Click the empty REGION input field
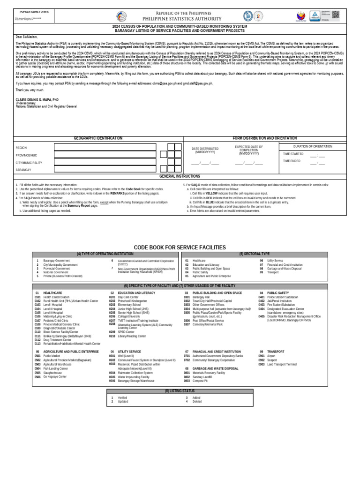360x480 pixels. point(105,147)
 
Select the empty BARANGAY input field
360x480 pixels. point(105,170)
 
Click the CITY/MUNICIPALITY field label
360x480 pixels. point(29,163)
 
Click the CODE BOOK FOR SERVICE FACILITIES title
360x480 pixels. point(180,247)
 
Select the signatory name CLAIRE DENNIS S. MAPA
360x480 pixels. point(37,100)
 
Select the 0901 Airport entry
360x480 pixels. point(271,356)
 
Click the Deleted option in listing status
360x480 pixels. point(196,402)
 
